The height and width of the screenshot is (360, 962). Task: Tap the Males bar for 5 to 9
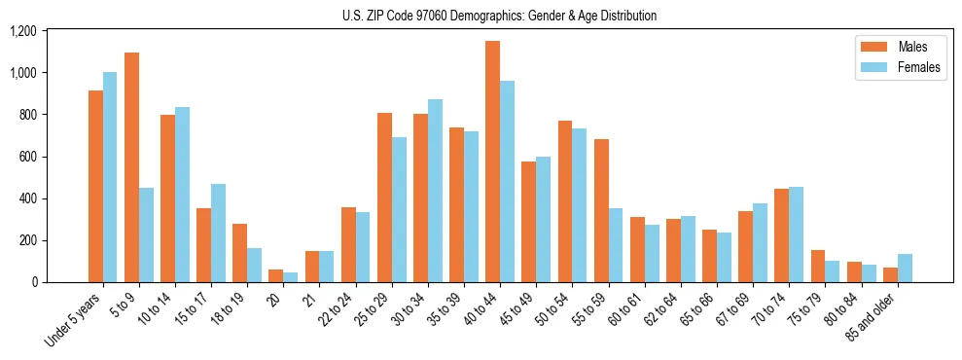pyautogui.click(x=131, y=167)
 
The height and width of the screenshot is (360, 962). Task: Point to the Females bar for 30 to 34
pyautogui.click(x=435, y=191)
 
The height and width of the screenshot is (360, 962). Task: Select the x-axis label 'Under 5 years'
pyautogui.click(x=74, y=321)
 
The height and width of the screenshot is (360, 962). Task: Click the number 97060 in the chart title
pyautogui.click(x=423, y=16)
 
